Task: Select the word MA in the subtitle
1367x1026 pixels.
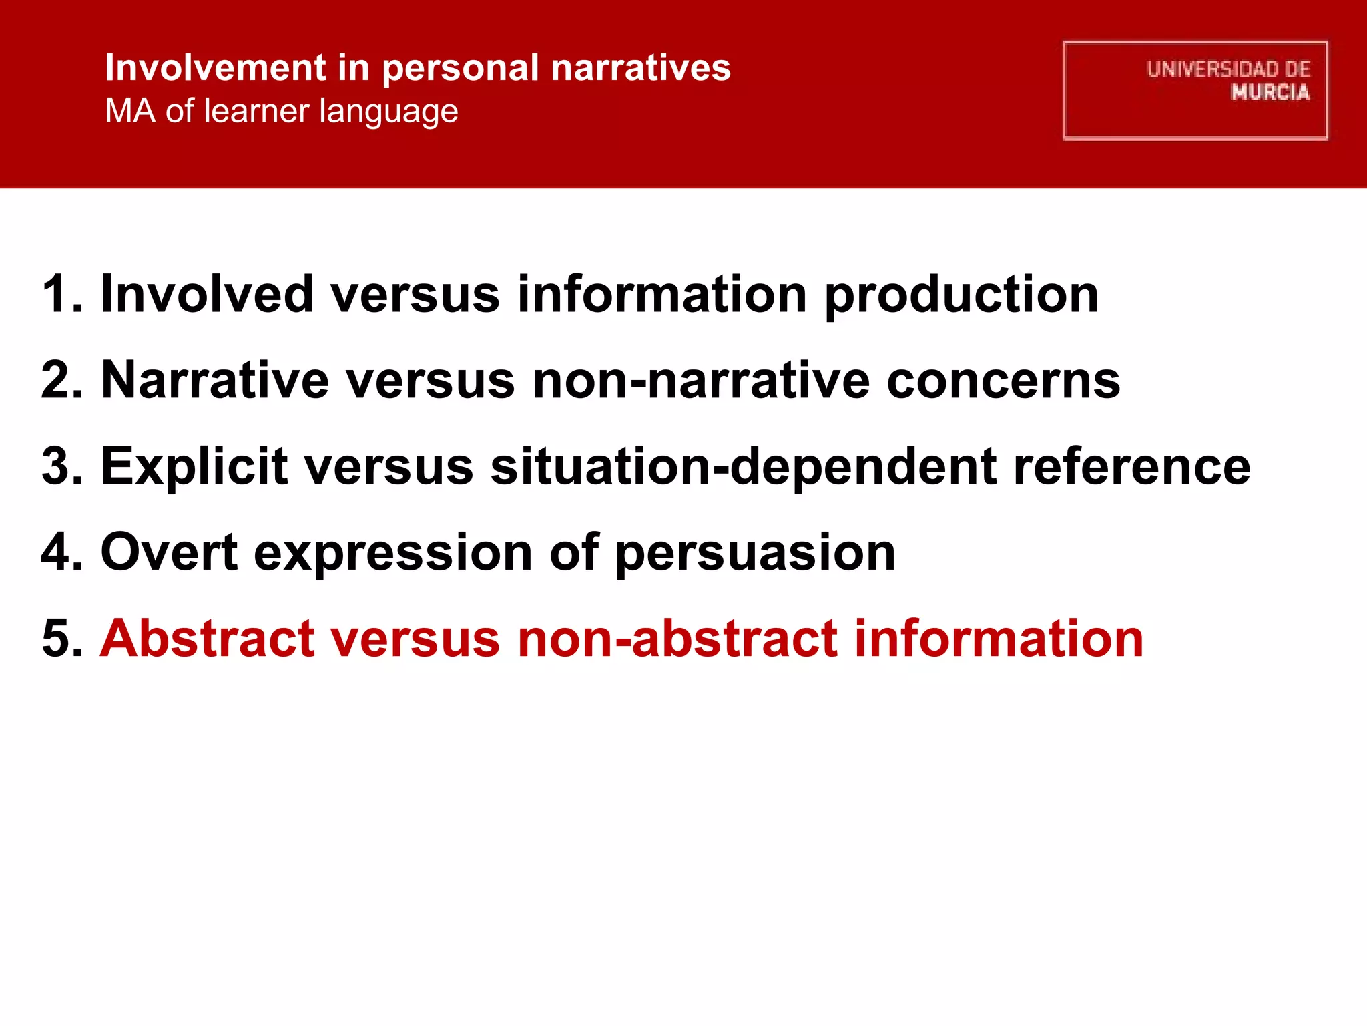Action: (x=129, y=111)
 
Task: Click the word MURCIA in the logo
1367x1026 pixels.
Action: (x=1270, y=93)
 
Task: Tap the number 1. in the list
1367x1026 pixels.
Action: (x=62, y=295)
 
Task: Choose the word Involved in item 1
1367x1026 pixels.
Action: (x=206, y=295)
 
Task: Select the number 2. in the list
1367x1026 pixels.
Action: (x=62, y=381)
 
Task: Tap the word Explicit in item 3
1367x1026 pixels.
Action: (x=194, y=467)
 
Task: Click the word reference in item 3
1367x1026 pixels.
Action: (x=1131, y=467)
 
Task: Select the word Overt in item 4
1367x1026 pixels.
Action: (x=169, y=553)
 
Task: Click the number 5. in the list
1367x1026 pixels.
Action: (x=62, y=639)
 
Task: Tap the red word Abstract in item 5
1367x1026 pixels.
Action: (x=207, y=639)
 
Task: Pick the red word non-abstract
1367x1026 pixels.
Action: (x=677, y=639)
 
